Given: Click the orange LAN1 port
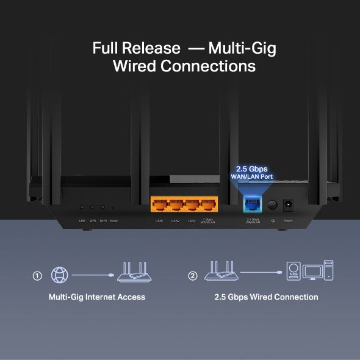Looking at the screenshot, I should [159, 206].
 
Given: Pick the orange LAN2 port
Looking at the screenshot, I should [175, 206].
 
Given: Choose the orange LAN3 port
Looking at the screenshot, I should [191, 206].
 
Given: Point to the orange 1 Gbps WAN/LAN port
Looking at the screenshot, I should [207, 206].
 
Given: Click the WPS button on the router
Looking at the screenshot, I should [93, 208].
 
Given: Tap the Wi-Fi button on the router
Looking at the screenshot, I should [103, 208].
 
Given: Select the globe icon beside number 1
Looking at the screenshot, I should [60, 275].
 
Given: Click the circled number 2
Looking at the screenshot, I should [193, 276].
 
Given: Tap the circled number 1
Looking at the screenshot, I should [37, 276].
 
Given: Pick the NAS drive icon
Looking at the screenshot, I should [295, 271].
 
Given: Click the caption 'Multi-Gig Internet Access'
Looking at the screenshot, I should [97, 297].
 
